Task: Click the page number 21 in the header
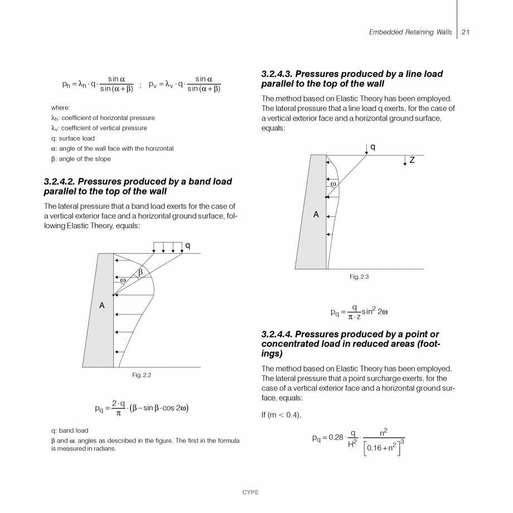[466, 32]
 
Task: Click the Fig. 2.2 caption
[142, 375]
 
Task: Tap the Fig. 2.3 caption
[359, 277]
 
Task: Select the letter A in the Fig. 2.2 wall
[102, 305]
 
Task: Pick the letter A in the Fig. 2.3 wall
[316, 214]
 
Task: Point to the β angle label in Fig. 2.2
[141, 272]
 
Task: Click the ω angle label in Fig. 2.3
[333, 183]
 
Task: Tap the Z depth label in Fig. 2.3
[412, 160]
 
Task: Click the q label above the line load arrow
[372, 147]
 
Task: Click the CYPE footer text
[250, 492]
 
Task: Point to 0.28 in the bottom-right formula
[336, 438]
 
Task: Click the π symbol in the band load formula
[118, 414]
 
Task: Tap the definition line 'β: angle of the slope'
[80, 159]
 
